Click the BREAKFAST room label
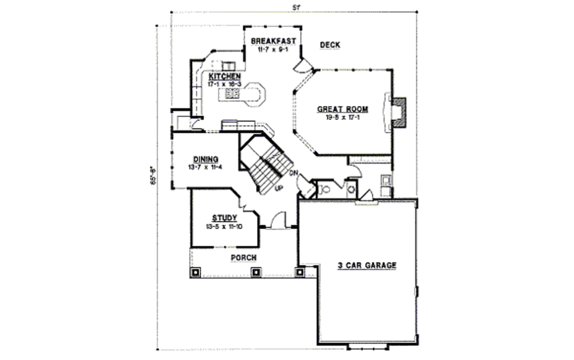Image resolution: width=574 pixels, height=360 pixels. pyautogui.click(x=274, y=41)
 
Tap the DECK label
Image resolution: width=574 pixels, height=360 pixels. pyautogui.click(x=330, y=45)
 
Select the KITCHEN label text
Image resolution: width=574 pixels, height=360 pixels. pyautogui.click(x=225, y=76)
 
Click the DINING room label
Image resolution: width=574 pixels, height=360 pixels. pyautogui.click(x=206, y=159)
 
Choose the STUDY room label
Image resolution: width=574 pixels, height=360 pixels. pyautogui.click(x=224, y=218)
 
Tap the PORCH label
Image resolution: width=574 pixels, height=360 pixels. pyautogui.click(x=244, y=257)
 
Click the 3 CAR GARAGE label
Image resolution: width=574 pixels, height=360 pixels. pyautogui.click(x=367, y=265)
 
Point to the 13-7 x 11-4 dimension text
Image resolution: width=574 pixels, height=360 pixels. pyautogui.click(x=206, y=167)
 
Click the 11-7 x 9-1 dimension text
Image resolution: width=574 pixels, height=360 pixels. pyautogui.click(x=273, y=49)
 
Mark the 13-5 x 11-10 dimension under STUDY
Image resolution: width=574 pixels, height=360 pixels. pyautogui.click(x=224, y=227)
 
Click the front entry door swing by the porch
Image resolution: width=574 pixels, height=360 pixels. pyautogui.click(x=279, y=220)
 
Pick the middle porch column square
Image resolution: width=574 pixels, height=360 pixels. pyautogui.click(x=256, y=272)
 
